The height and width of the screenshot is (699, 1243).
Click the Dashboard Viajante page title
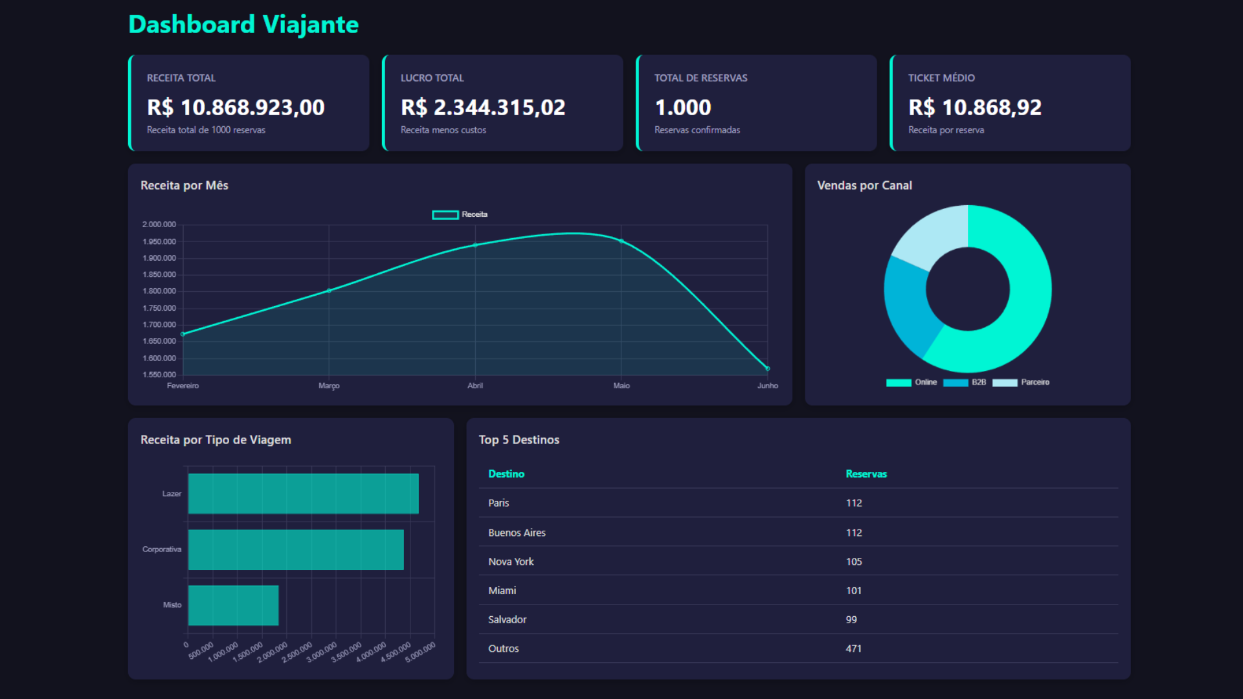[x=243, y=25]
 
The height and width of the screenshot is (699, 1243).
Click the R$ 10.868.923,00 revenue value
[x=236, y=107]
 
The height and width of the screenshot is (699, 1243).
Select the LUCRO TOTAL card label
[x=432, y=78]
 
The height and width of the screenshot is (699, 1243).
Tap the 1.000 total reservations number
[x=682, y=107]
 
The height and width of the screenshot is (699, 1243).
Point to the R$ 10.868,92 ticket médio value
[x=974, y=107]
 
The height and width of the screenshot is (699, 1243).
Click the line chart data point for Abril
[x=475, y=245]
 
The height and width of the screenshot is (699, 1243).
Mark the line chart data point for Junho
[x=768, y=368]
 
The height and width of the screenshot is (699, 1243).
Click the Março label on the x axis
[x=329, y=386]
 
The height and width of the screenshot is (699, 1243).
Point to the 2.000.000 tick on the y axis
[x=159, y=225]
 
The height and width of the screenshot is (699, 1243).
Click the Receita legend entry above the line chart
[x=460, y=214]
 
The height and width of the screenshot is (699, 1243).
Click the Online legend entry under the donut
[x=912, y=383]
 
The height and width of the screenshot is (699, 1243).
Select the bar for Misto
[x=233, y=605]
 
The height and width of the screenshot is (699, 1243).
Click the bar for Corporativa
[x=296, y=549]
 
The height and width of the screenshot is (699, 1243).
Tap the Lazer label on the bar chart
[x=172, y=494]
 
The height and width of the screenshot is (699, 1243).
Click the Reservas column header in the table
[x=866, y=474]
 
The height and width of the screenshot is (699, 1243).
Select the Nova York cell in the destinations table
[x=511, y=562]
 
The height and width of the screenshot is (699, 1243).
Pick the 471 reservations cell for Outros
[x=853, y=649]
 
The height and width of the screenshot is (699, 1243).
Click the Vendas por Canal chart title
[x=864, y=186]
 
